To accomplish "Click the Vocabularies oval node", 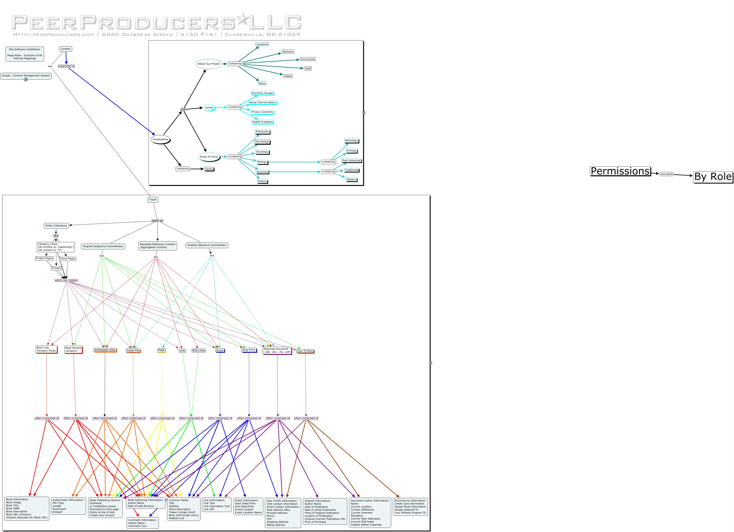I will click(x=160, y=140).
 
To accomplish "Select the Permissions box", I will click(x=620, y=171).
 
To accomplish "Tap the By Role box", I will click(x=713, y=177).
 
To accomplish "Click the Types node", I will click(x=153, y=199).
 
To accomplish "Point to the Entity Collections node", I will click(x=56, y=226).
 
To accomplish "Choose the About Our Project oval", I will click(x=209, y=64).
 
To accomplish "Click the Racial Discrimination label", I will click(x=262, y=102).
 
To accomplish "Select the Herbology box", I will click(x=351, y=141).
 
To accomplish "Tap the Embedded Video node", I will click(x=105, y=350).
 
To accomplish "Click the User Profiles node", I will click(x=305, y=351).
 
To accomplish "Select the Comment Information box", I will click(x=142, y=523).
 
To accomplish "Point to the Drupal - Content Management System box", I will click(x=26, y=76).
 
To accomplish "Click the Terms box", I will click(x=209, y=169).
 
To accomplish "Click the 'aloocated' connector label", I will click(x=666, y=174).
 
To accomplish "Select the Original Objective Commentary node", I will click(x=207, y=245).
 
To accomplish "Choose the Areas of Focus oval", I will click(x=209, y=157).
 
